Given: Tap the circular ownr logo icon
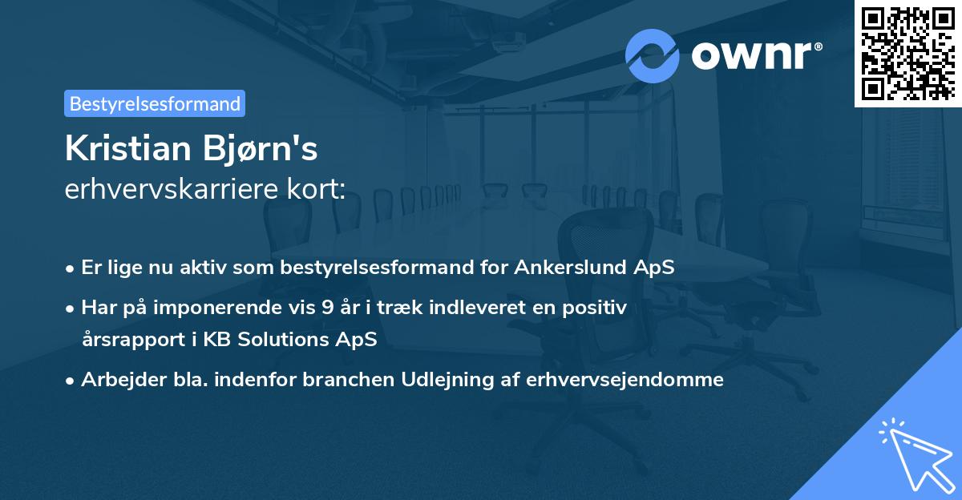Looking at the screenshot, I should pos(653,55).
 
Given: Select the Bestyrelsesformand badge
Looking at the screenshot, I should pos(155,103).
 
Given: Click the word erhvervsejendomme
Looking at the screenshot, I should pos(625,379).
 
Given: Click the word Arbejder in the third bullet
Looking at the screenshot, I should pos(118,379).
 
